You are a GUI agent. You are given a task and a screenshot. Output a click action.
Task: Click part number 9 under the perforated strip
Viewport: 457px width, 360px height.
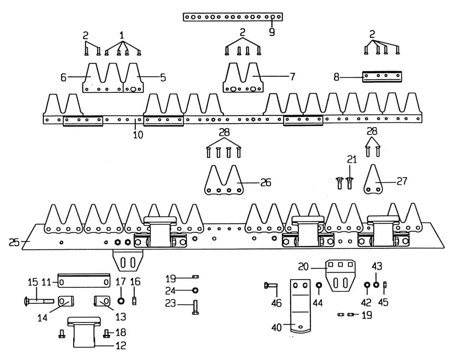tap(272, 32)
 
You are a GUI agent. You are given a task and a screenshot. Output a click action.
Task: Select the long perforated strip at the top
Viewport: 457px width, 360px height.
tap(233, 17)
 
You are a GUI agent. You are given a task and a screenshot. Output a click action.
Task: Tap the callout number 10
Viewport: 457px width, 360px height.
tap(138, 134)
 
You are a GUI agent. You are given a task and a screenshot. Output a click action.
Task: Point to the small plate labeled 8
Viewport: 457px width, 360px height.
tap(382, 76)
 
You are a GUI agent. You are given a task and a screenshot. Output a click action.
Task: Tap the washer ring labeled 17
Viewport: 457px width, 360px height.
tap(122, 301)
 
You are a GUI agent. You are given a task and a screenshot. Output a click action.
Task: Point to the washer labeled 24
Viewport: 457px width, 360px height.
tap(195, 290)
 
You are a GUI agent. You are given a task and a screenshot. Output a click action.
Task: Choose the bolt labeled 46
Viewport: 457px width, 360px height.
tap(271, 287)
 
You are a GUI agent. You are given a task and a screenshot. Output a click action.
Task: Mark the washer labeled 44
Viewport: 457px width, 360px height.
tap(319, 286)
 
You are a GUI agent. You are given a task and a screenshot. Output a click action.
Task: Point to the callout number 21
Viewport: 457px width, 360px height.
tap(351, 159)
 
